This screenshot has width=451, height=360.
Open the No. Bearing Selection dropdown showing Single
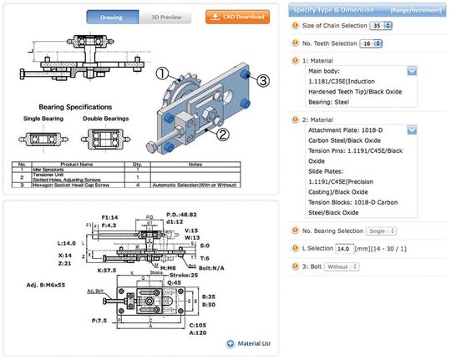[x=382, y=231]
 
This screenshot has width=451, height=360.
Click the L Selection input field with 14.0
[x=344, y=249]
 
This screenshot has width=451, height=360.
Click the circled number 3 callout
[x=263, y=80]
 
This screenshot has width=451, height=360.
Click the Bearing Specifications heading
[x=75, y=108]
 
